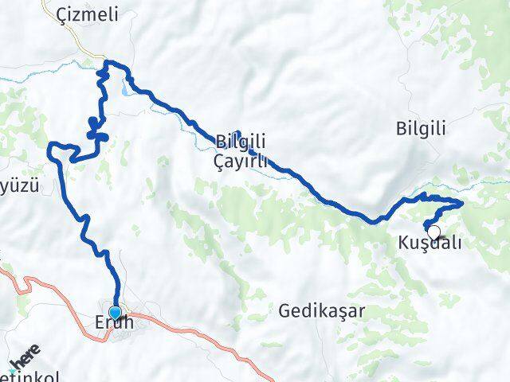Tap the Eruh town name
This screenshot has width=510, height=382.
tap(116, 325)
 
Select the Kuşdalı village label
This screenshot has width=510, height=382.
tap(429, 244)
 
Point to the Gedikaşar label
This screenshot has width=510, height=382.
tap(321, 311)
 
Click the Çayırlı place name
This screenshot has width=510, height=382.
tap(242, 162)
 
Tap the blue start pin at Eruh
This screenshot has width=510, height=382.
tap(116, 313)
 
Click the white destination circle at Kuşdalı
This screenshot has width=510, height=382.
tap(433, 232)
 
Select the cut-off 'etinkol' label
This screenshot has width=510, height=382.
tap(28, 376)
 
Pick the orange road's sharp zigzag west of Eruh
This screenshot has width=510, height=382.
tap(27, 281)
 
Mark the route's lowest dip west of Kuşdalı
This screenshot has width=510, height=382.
tap(371, 220)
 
